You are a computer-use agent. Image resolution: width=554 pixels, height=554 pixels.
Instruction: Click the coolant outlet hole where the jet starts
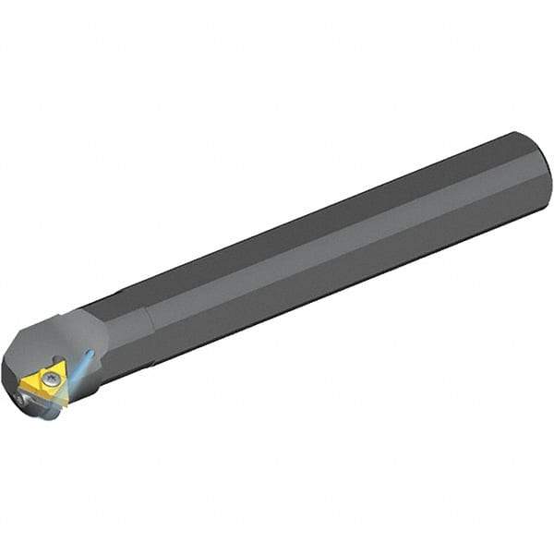pos(90,353)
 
